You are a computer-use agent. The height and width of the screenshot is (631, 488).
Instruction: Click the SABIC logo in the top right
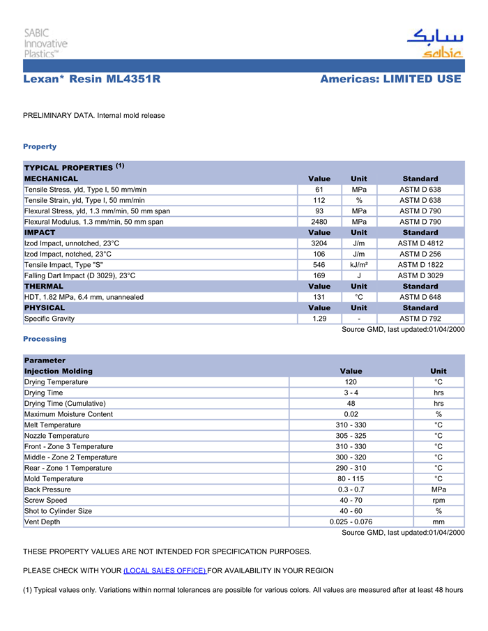[x=434, y=43]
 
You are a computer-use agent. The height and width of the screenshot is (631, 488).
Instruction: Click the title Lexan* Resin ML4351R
[x=92, y=79]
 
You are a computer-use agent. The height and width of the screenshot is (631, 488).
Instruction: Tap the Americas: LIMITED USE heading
[x=390, y=79]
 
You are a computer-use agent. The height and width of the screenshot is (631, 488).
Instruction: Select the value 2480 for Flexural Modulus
[x=319, y=222]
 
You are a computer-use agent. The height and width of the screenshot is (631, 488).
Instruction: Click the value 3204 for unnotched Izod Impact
[x=319, y=243]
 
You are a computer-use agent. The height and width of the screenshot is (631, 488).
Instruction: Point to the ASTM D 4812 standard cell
[x=420, y=243]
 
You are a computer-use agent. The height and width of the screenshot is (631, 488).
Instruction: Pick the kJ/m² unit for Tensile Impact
[x=359, y=265]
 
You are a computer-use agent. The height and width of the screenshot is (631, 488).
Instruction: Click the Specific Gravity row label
[x=49, y=319]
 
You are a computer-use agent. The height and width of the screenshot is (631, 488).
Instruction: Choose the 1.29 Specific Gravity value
[x=319, y=319]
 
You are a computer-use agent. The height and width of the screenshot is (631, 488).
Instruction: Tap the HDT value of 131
[x=319, y=297]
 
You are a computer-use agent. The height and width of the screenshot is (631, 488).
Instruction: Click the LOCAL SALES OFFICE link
[x=165, y=570]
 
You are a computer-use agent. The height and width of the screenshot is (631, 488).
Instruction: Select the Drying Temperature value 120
[x=351, y=382]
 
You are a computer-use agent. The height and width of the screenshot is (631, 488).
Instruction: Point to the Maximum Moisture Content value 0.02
[x=351, y=414]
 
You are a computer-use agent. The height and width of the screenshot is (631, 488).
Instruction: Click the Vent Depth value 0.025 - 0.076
[x=351, y=522]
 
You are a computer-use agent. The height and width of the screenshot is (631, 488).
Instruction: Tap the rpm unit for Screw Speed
[x=439, y=500]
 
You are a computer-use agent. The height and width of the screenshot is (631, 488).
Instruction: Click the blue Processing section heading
[x=45, y=339]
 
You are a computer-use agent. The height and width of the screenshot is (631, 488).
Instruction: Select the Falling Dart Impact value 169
[x=319, y=275]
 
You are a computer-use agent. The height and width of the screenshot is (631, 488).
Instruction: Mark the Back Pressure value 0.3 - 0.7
[x=351, y=489]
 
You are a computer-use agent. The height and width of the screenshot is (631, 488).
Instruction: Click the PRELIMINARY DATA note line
[x=94, y=116]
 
